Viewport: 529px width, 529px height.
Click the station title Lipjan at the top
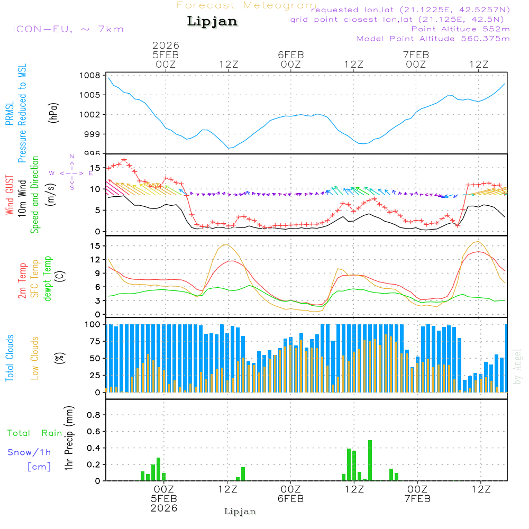coord(212,22)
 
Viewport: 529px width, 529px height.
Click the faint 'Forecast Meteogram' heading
coord(246,5)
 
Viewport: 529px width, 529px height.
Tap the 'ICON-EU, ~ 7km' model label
coord(68,29)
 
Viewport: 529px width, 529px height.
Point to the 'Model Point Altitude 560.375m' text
coord(433,39)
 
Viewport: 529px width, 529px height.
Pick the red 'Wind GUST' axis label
coord(10,196)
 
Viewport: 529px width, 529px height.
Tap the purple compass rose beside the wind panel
coord(72,173)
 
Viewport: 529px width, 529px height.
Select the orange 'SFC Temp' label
coord(35,279)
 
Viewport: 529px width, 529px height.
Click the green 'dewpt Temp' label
coord(48,279)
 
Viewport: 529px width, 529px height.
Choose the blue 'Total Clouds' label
coord(10,358)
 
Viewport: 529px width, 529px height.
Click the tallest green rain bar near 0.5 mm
coord(370,460)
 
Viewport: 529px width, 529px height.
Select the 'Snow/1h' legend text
coord(30,452)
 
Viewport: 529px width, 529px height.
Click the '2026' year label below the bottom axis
coord(164,508)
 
